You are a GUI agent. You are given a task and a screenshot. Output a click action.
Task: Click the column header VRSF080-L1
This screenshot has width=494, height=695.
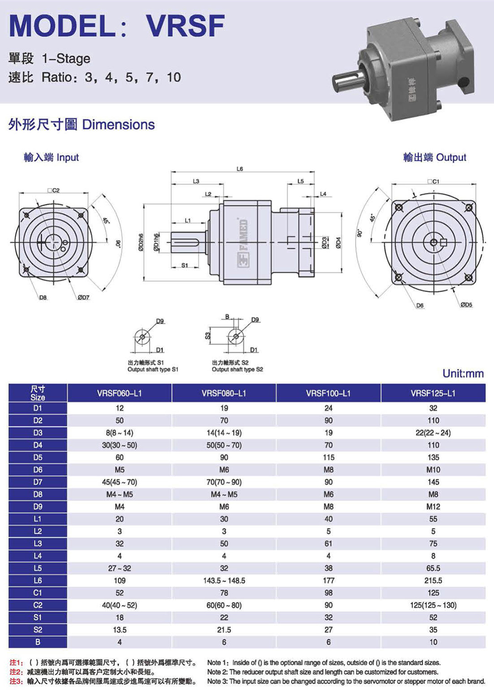(224, 393)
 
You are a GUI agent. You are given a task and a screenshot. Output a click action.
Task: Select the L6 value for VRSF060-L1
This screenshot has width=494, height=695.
(120, 580)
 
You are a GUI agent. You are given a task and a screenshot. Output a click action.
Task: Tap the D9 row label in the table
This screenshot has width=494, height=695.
(38, 506)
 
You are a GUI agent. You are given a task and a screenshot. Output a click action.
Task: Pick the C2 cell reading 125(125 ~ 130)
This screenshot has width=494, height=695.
(433, 605)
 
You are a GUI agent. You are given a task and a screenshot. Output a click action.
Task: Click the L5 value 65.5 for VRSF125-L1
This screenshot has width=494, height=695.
(433, 568)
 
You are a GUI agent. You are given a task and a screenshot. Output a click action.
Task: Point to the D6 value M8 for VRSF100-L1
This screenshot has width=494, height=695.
(329, 470)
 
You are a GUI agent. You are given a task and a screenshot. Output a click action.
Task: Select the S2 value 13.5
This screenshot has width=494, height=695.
(120, 630)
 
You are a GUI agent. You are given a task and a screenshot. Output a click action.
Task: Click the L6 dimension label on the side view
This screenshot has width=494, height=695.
(240, 169)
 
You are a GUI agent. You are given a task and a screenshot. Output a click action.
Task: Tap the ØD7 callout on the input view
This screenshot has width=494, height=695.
(83, 297)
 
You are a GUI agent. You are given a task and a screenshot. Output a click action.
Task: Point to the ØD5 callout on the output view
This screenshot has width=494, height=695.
(466, 305)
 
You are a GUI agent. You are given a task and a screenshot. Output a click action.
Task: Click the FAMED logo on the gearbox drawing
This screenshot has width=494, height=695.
(244, 242)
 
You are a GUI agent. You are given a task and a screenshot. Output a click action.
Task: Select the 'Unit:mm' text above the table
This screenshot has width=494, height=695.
(463, 373)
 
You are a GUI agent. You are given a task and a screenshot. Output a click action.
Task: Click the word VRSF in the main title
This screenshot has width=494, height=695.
(185, 26)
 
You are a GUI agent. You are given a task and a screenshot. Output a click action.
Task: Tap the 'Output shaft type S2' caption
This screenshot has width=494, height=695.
(238, 369)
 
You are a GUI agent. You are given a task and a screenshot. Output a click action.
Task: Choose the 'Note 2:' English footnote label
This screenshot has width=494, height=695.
(218, 672)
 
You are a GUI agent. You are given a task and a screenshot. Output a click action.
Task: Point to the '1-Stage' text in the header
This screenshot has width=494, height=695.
(66, 58)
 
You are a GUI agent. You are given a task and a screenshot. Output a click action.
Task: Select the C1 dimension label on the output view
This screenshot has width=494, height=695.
(435, 182)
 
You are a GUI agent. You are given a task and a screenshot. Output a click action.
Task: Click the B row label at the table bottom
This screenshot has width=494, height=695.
(38, 642)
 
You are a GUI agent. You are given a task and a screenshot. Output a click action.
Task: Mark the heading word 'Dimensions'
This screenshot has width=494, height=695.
(119, 124)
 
